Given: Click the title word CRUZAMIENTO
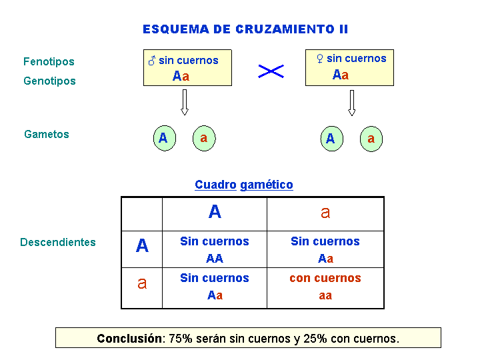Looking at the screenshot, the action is tap(285, 29).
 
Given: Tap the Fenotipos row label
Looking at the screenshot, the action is tap(49, 62).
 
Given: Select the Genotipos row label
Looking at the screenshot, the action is tap(49, 81).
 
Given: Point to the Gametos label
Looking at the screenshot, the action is tap(47, 134).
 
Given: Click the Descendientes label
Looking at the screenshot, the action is tap(58, 242).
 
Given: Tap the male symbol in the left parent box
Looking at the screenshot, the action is tap(152, 60).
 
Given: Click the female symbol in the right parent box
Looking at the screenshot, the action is tap(320, 59).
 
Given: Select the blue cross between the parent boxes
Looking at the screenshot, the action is tap(271, 71).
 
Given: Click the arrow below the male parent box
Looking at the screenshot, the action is tap(184, 102).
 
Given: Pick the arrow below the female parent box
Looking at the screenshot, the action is tap(352, 103).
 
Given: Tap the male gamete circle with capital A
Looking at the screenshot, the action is tap(165, 138).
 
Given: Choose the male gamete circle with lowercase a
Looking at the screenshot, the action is tap(204, 139).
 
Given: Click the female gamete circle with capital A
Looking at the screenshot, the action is tap(332, 139).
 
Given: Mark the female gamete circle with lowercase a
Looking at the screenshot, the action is tap(371, 139).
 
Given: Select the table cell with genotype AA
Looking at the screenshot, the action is tap(215, 249).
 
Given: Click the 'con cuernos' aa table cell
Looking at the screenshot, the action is tap(325, 288).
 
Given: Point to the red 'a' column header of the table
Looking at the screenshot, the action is tap(325, 212).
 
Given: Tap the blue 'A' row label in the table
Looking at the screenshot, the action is tap(142, 245).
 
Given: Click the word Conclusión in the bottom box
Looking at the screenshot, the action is tap(129, 339).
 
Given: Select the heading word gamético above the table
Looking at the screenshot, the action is tap(267, 185).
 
